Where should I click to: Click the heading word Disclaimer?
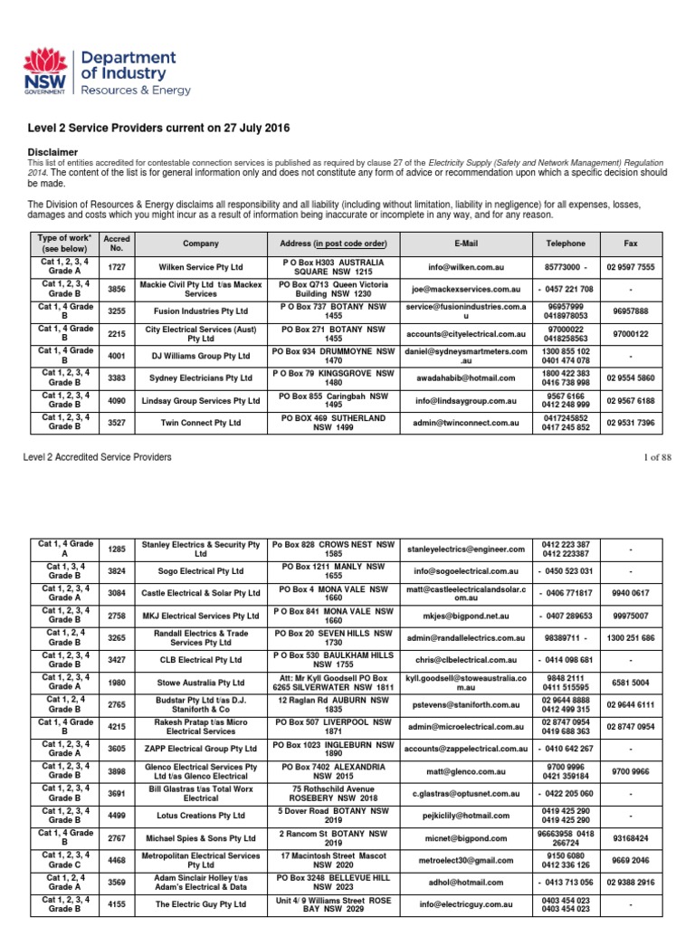(52, 152)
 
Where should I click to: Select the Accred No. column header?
(118, 244)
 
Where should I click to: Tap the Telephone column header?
(566, 244)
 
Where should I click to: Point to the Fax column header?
(631, 244)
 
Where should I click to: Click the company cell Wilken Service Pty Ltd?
(200, 268)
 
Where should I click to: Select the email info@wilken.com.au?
(465, 268)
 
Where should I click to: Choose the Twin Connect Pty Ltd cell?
(200, 422)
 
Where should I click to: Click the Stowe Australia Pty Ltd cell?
(200, 682)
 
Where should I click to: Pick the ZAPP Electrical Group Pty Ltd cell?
(200, 749)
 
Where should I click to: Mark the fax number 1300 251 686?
(631, 638)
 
